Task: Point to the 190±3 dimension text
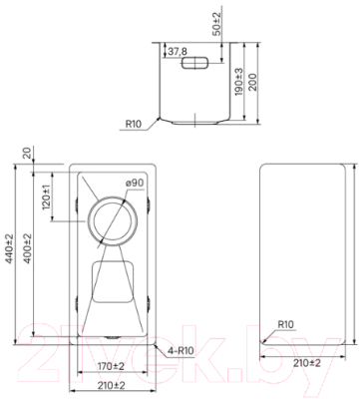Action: pyautogui.click(x=238, y=85)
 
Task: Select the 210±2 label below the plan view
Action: pyautogui.click(x=110, y=385)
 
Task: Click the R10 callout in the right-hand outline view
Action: pyautogui.click(x=285, y=324)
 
